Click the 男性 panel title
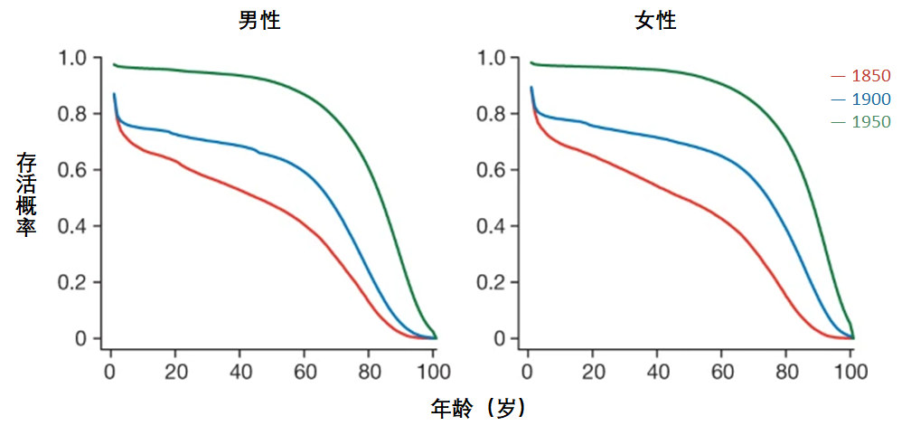pos(259,21)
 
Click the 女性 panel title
pos(655,21)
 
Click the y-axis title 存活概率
pos(26,194)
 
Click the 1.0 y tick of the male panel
pos(73,59)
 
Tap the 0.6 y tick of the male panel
pos(73,171)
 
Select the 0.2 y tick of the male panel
pos(73,283)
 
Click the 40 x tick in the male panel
pos(239,372)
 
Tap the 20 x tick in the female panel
pos(593,372)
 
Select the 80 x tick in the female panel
pos(786,372)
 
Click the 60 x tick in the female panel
pos(722,372)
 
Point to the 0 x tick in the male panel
pos(110,372)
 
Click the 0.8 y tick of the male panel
pos(73,115)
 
